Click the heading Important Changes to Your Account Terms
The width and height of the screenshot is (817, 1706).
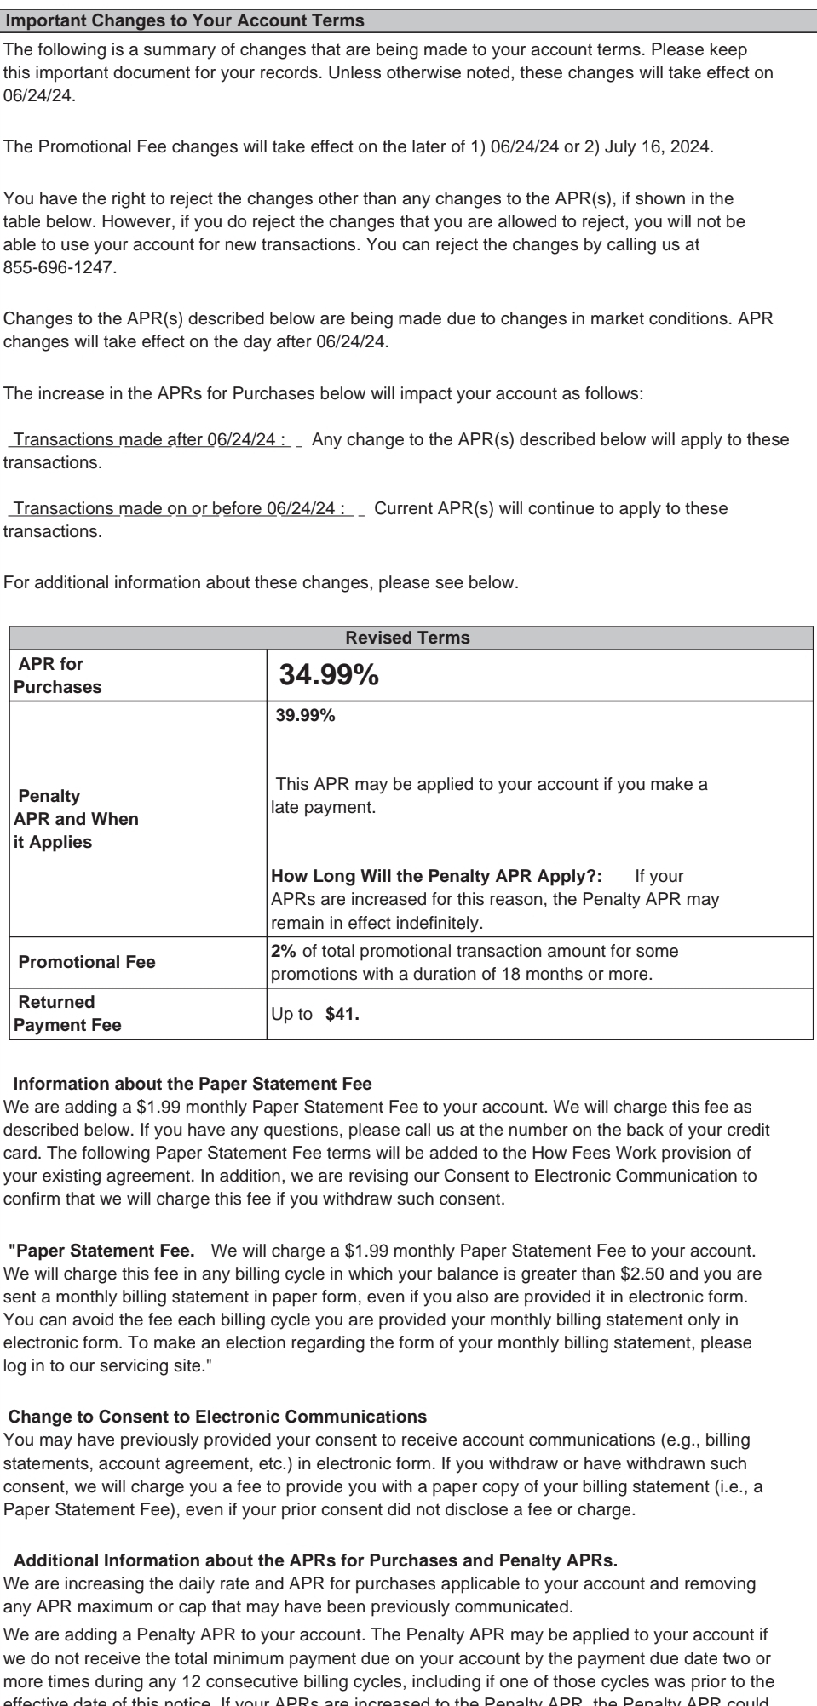185,20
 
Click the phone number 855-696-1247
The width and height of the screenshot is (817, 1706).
60,268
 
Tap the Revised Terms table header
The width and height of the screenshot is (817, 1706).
407,638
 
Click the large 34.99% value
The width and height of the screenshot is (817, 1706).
329,676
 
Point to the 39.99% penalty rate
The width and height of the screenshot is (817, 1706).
305,716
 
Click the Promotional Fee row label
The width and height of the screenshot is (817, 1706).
87,962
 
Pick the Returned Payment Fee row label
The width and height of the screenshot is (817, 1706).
68,1013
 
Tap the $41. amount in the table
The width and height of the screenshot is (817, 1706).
342,1015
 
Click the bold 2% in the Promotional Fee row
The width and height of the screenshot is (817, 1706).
283,951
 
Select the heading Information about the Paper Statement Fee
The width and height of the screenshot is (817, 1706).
193,1084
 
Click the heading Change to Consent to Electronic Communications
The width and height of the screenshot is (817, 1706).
217,1417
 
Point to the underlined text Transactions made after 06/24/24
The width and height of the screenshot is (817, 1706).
145,439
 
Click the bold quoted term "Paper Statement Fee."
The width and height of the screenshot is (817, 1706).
102,1251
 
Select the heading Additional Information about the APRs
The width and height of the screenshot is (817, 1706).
315,1560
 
